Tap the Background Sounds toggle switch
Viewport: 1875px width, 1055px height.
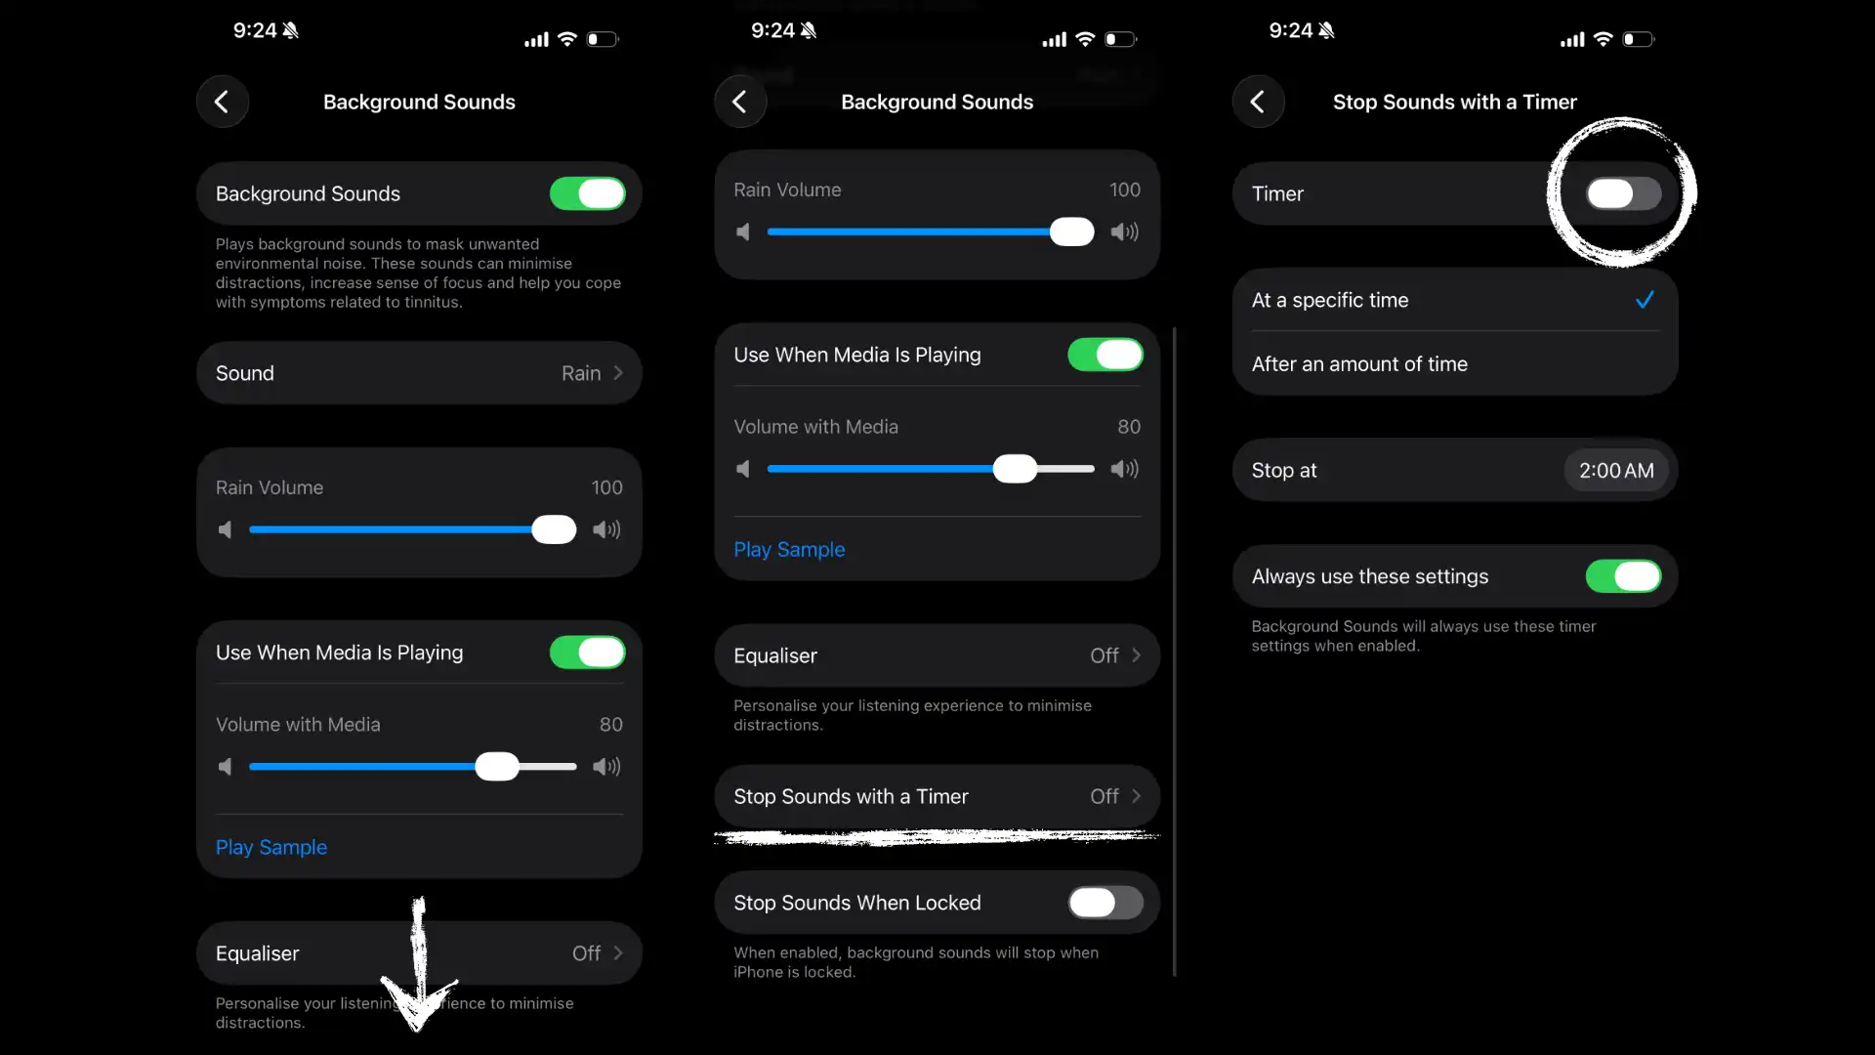click(x=587, y=193)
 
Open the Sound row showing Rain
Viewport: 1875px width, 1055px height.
click(x=419, y=373)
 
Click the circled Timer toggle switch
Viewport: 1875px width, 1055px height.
click(x=1623, y=193)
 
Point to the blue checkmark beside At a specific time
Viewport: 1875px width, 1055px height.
click(x=1645, y=300)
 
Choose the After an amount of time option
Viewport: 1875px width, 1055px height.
click(x=1359, y=364)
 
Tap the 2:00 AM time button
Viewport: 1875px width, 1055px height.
click(x=1616, y=471)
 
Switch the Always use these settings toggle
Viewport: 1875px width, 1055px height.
click(x=1623, y=576)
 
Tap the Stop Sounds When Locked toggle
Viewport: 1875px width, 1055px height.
click(x=1105, y=903)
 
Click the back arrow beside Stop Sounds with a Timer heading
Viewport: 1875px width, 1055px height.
click(x=1258, y=102)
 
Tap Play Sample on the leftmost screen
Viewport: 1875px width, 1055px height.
click(x=271, y=847)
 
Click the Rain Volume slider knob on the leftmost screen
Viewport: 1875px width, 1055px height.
click(x=554, y=529)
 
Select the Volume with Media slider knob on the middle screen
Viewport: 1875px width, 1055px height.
click(x=1015, y=469)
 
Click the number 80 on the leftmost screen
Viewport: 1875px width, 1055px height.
click(x=611, y=725)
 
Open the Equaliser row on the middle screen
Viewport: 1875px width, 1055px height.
click(x=937, y=655)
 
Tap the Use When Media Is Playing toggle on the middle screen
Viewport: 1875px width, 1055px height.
click(x=1105, y=355)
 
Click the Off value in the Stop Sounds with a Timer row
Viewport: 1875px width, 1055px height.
click(x=1104, y=797)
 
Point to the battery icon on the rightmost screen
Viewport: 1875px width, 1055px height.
click(x=1639, y=39)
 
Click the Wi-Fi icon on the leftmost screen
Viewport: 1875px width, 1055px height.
click(x=567, y=39)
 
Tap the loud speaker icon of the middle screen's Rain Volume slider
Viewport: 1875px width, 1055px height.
click(x=1125, y=232)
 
